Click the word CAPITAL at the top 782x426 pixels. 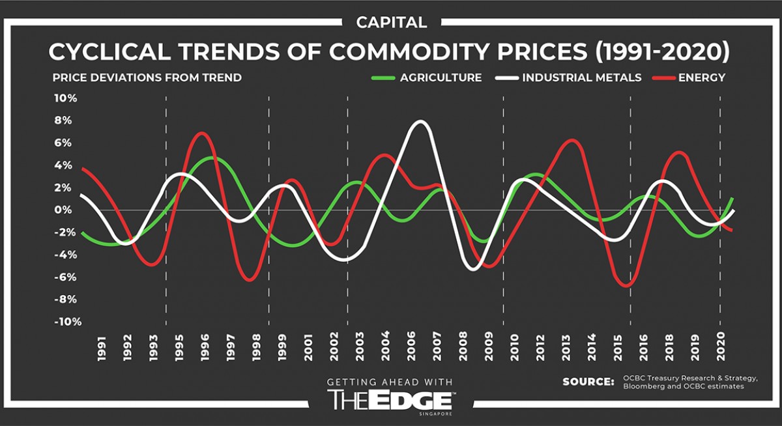392,22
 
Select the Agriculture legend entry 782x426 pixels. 440,78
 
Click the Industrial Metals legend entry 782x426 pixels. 581,78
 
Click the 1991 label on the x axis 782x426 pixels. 102,347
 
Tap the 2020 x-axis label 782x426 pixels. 721,347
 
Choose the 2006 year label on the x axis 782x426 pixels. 411,347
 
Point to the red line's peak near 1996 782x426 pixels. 203,133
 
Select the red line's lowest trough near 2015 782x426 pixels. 626,285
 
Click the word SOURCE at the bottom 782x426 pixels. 588,381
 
